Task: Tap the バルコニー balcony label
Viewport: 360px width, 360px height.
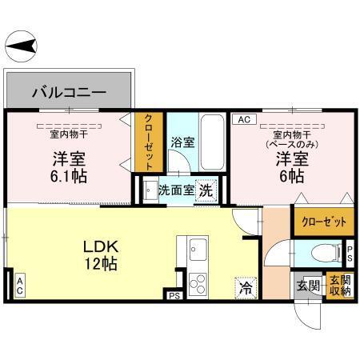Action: (68, 93)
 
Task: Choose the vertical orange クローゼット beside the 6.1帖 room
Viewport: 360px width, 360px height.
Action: (150, 142)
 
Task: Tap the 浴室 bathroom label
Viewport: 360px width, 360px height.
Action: (182, 142)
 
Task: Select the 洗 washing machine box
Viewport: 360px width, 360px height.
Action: (206, 191)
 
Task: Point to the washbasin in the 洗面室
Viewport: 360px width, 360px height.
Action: (150, 191)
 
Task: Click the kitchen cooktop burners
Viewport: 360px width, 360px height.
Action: (198, 282)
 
